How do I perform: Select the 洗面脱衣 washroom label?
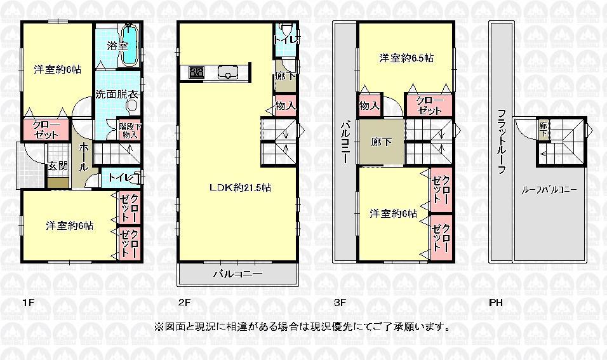coord(117,95)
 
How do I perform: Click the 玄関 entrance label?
coord(57,166)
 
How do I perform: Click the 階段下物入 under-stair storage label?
coord(129,130)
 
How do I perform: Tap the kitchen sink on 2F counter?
coord(226,73)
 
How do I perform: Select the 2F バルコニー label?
coord(237,274)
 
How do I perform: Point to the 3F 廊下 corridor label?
coord(381,141)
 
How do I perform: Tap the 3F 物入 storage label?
coord(369,105)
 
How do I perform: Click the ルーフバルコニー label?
coord(550,189)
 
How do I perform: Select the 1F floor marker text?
coord(26,303)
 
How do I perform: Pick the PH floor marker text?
coord(496,303)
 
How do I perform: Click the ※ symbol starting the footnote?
coord(159,328)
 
